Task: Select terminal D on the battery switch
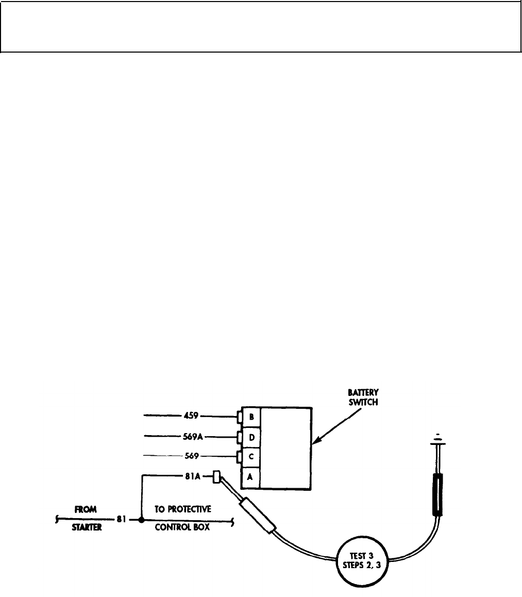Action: point(250,437)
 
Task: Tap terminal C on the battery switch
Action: point(250,457)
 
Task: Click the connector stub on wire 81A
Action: point(216,476)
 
